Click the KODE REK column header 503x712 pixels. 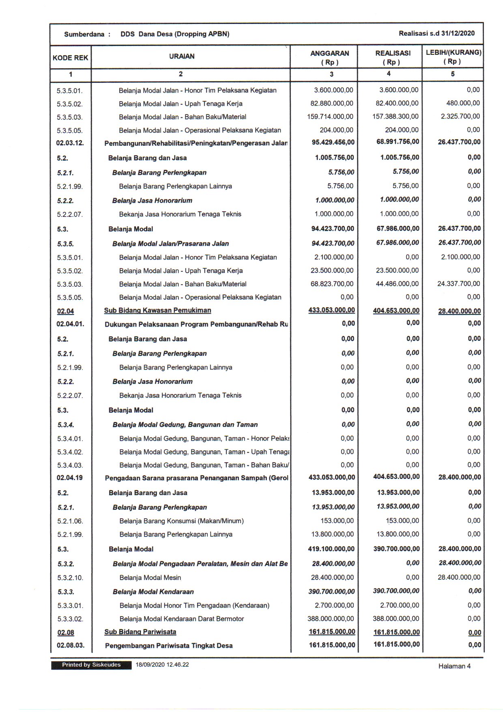coord(70,58)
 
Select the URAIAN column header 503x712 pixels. coord(182,56)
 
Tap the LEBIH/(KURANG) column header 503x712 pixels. coord(453,57)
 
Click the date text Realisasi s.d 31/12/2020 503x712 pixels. coord(436,33)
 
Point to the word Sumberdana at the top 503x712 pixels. coord(84,34)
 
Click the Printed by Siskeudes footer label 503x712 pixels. coord(91,665)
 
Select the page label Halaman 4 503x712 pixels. coord(454,666)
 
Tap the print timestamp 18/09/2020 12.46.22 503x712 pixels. coord(162,665)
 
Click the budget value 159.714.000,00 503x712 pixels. coord(330,117)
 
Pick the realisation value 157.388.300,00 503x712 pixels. coord(396,117)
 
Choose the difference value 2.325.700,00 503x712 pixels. coord(460,117)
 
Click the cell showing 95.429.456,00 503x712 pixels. coord(333,142)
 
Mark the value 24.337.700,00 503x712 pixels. coord(458,284)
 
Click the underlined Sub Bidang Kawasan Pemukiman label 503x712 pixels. coord(157,311)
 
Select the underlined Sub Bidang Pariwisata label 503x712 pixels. coord(140,632)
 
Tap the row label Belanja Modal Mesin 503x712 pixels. coord(150,578)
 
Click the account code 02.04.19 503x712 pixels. coord(70,478)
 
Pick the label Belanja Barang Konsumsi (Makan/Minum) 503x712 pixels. coord(181,521)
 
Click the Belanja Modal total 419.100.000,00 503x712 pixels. coord(331,549)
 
